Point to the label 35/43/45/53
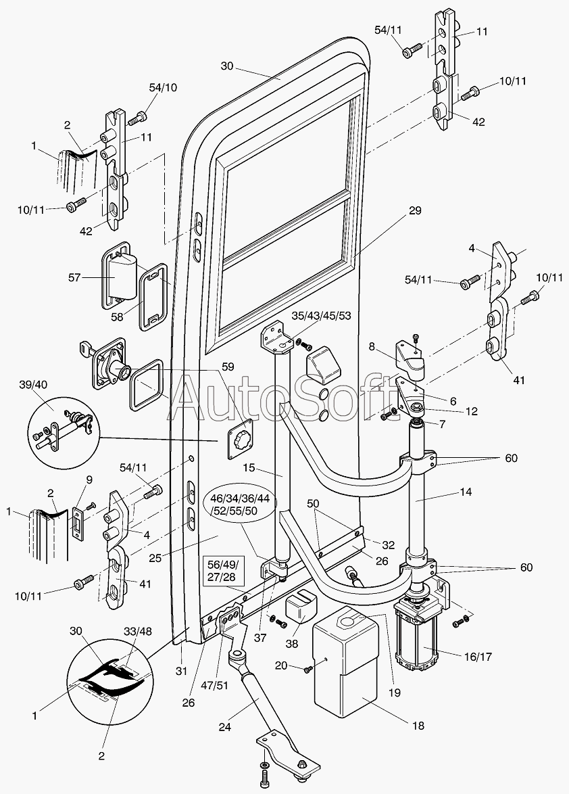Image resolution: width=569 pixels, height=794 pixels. [x=322, y=315]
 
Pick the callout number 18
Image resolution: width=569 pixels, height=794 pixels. [x=418, y=726]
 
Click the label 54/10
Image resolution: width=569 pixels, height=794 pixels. [x=163, y=89]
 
